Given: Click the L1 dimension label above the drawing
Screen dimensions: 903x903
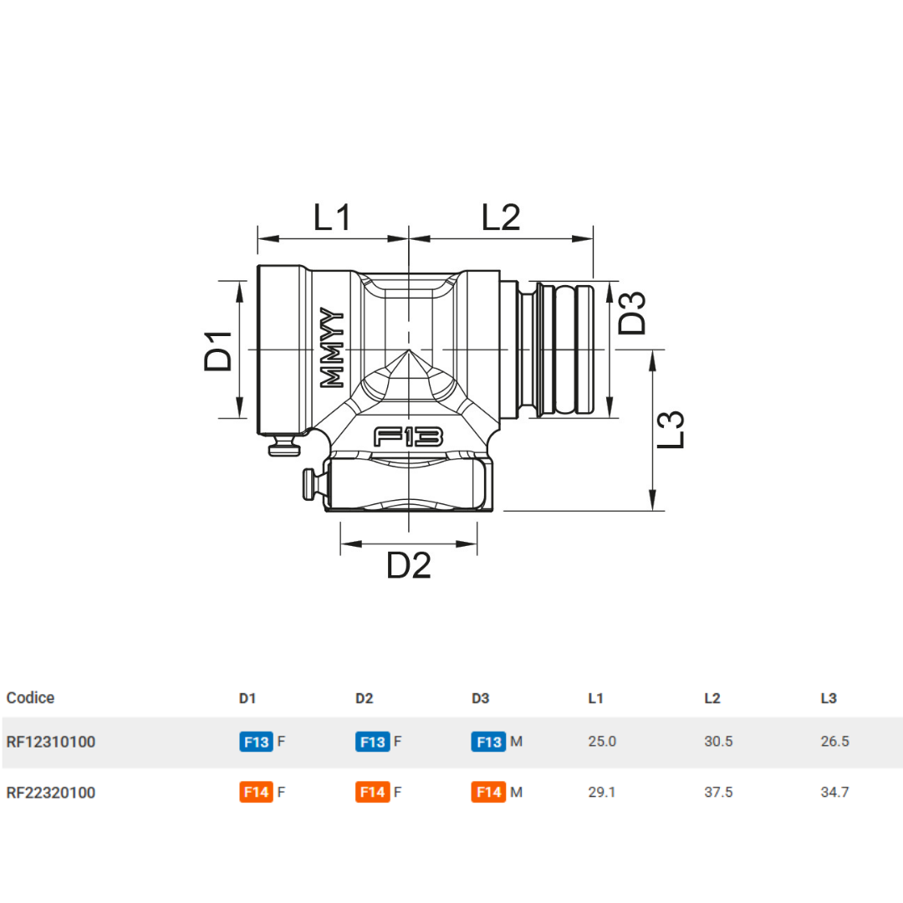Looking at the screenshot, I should tap(333, 217).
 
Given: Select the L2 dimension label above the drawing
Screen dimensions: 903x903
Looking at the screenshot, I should tap(501, 217).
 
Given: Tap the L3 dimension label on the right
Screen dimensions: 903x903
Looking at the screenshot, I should tap(671, 429).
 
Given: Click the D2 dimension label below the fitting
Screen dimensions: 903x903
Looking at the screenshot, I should tap(408, 567).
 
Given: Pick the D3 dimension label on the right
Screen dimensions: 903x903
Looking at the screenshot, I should tap(633, 312).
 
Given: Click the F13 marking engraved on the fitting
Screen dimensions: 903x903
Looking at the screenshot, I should tap(408, 436).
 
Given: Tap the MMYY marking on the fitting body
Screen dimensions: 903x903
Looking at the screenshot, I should tap(333, 348).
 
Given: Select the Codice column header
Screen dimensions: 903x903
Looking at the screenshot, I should tap(30, 698).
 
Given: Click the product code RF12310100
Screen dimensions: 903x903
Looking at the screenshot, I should tap(50, 742).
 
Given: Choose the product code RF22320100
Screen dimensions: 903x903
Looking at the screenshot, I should tap(50, 792).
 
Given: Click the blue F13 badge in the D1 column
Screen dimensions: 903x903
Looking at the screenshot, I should tap(256, 742).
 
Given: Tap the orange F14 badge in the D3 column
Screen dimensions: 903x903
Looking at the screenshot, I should tap(488, 792).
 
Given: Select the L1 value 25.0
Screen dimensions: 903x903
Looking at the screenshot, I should tap(602, 742).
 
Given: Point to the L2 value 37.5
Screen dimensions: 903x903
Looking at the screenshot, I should tap(718, 792).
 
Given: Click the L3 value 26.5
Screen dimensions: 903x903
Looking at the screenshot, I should tap(834, 742).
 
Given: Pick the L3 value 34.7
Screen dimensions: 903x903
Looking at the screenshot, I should tap(834, 792).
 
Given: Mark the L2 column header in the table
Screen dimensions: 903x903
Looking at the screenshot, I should tap(712, 698).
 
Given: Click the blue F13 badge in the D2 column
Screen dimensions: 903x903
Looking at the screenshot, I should tap(372, 742).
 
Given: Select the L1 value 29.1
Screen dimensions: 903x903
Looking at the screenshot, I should tap(602, 792).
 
